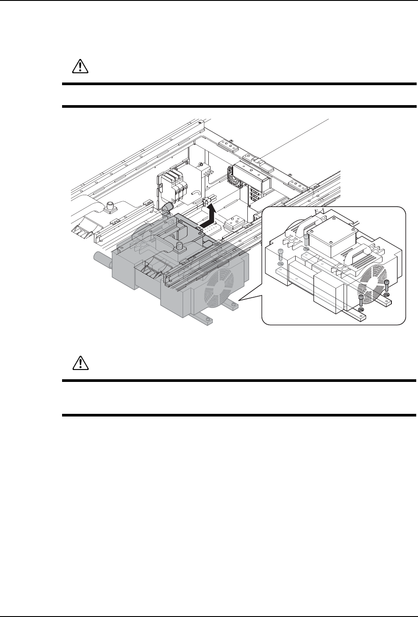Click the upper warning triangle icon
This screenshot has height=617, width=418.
tap(80, 67)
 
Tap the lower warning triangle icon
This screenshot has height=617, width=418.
tap(80, 363)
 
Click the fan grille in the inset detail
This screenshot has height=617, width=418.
tap(371, 277)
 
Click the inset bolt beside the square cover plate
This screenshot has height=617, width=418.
tap(306, 240)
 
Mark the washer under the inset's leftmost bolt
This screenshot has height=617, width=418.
tap(279, 265)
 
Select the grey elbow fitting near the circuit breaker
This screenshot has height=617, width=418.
tap(168, 208)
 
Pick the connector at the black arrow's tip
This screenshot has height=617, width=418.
tap(206, 203)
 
